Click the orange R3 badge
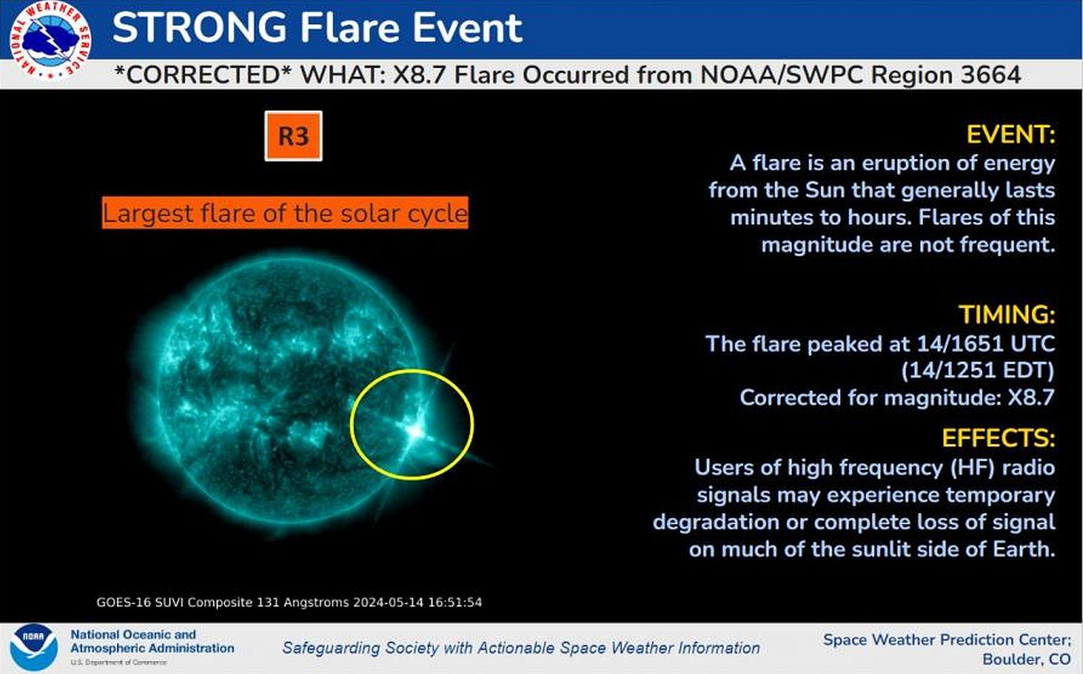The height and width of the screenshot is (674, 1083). (293, 136)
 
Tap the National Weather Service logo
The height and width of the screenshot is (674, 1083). (50, 40)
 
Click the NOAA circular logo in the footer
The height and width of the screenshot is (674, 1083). (34, 648)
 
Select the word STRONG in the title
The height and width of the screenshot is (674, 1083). (199, 27)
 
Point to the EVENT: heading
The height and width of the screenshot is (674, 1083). (1011, 134)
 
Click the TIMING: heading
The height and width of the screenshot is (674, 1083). (1007, 314)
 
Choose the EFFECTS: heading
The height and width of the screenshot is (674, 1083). (998, 438)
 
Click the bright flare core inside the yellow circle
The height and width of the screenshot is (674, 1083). (415, 432)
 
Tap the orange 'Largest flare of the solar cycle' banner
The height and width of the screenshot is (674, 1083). (286, 213)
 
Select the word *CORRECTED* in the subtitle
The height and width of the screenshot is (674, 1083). (203, 75)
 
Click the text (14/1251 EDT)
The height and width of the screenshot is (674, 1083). (978, 371)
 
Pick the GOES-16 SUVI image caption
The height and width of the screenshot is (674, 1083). (289, 602)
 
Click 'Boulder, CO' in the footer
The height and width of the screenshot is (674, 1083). (1027, 659)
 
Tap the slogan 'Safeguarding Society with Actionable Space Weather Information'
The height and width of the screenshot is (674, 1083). (521, 648)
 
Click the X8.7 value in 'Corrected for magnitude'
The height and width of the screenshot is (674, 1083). (1031, 398)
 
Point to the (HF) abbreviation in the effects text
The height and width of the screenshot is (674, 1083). (972, 468)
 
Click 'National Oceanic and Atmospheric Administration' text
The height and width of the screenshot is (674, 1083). (152, 641)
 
